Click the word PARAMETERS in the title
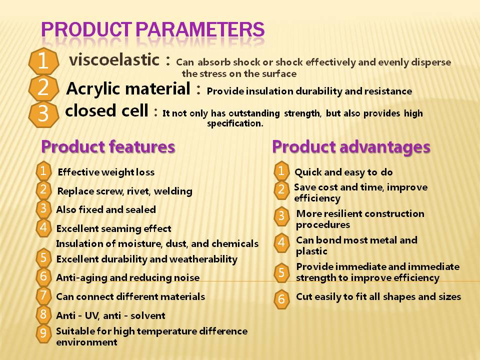200,29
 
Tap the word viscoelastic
114,59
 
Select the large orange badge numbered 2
43,88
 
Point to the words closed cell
106,110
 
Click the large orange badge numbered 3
43,113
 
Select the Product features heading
108,146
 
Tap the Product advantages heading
351,147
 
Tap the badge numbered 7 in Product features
43,295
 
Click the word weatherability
203,259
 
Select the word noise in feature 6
186,277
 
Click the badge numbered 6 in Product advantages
281,299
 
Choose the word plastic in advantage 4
311,251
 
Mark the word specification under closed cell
235,123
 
